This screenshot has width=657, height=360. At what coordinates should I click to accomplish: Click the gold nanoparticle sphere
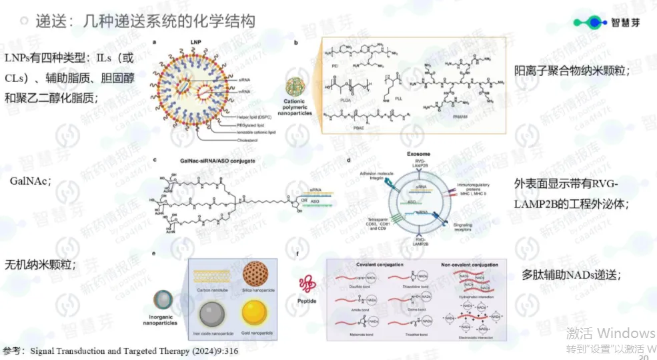pyautogui.click(x=257, y=312)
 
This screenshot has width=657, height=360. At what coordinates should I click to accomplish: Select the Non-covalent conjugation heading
pyautogui.click(x=470, y=265)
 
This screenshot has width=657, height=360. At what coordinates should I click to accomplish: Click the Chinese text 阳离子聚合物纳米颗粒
pyautogui.click(x=572, y=71)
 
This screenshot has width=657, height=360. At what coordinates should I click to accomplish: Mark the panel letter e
pyautogui.click(x=155, y=254)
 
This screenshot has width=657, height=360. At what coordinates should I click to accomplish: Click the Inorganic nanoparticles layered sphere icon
pyautogui.click(x=163, y=299)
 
